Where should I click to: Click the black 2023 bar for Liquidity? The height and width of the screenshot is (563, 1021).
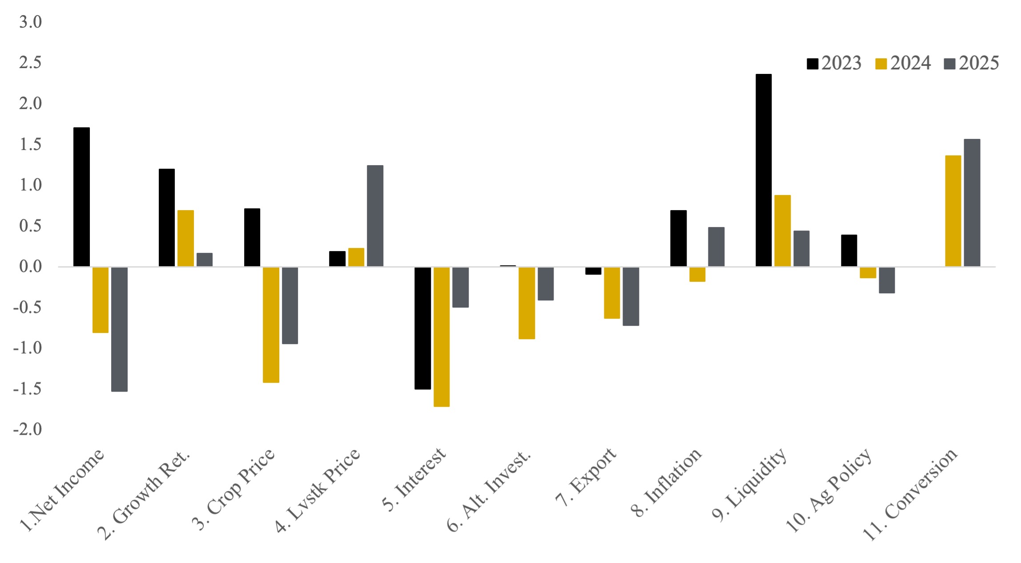coord(764,170)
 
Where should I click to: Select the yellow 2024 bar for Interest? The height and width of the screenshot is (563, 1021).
coord(442,336)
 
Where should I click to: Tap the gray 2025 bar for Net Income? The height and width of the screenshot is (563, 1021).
coord(119,329)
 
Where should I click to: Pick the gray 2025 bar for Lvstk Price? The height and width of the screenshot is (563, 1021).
coord(375,216)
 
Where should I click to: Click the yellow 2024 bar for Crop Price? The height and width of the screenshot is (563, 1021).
coord(271,324)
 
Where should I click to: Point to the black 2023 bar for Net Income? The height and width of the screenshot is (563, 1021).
coord(81,197)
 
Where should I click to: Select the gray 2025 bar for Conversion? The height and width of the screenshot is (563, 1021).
coord(972,203)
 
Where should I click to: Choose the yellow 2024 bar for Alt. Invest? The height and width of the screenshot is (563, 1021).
coord(527,303)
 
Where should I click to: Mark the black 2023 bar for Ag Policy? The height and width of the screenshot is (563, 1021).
coord(849,251)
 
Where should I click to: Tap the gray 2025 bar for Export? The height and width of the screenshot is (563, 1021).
coord(631,296)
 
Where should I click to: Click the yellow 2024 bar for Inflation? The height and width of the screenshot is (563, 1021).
coord(697,274)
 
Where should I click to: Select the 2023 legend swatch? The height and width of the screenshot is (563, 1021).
coord(812,64)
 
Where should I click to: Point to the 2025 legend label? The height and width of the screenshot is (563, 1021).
coord(979,63)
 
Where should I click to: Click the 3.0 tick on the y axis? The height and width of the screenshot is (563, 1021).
coord(30,22)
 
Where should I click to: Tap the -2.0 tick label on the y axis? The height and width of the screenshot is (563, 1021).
coord(28,429)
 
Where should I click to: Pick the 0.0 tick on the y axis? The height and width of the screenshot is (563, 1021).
coord(30,267)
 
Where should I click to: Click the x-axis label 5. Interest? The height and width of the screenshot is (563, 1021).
coord(414,480)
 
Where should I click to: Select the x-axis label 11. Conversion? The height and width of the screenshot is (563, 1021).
coord(910,494)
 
